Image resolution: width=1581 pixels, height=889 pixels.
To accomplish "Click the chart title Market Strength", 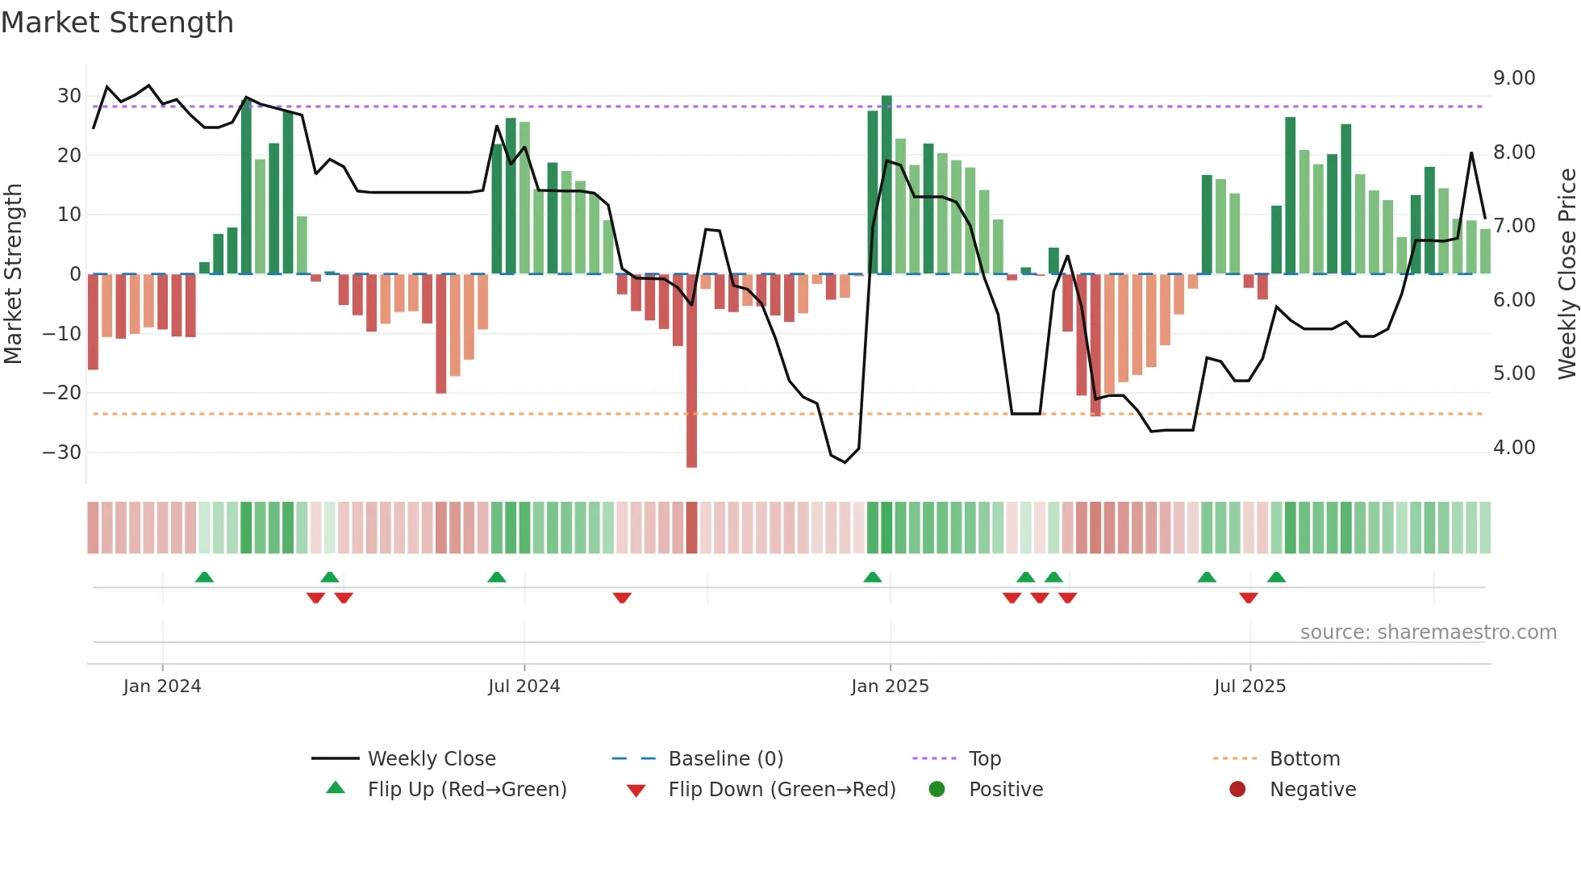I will [x=117, y=23].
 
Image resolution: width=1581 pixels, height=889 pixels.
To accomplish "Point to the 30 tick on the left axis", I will [x=69, y=96].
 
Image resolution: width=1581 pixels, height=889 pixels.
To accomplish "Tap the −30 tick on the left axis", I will [x=63, y=453].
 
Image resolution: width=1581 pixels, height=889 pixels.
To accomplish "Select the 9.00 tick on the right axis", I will [x=1514, y=78].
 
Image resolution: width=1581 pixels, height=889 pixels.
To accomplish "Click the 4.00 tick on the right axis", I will [x=1514, y=448].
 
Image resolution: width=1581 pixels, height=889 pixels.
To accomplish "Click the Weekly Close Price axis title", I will [x=1566, y=274].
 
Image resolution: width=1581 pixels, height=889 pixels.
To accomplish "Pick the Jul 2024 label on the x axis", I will [x=524, y=687].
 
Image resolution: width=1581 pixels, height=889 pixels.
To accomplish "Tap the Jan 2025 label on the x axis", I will [x=890, y=687].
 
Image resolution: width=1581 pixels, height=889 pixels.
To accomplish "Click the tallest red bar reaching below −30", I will [x=691, y=371].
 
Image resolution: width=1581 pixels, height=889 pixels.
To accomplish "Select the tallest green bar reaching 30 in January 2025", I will [x=886, y=186].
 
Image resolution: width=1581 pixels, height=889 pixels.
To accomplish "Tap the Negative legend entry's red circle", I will [x=1237, y=790].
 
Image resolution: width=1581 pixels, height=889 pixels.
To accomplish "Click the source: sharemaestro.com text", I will [x=1428, y=632].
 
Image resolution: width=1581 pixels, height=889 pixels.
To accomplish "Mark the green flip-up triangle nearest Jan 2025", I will [x=873, y=578].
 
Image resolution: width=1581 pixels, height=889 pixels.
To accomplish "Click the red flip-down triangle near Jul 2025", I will [x=1249, y=598].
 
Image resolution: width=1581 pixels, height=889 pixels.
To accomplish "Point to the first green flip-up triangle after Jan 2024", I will [x=204, y=578].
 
